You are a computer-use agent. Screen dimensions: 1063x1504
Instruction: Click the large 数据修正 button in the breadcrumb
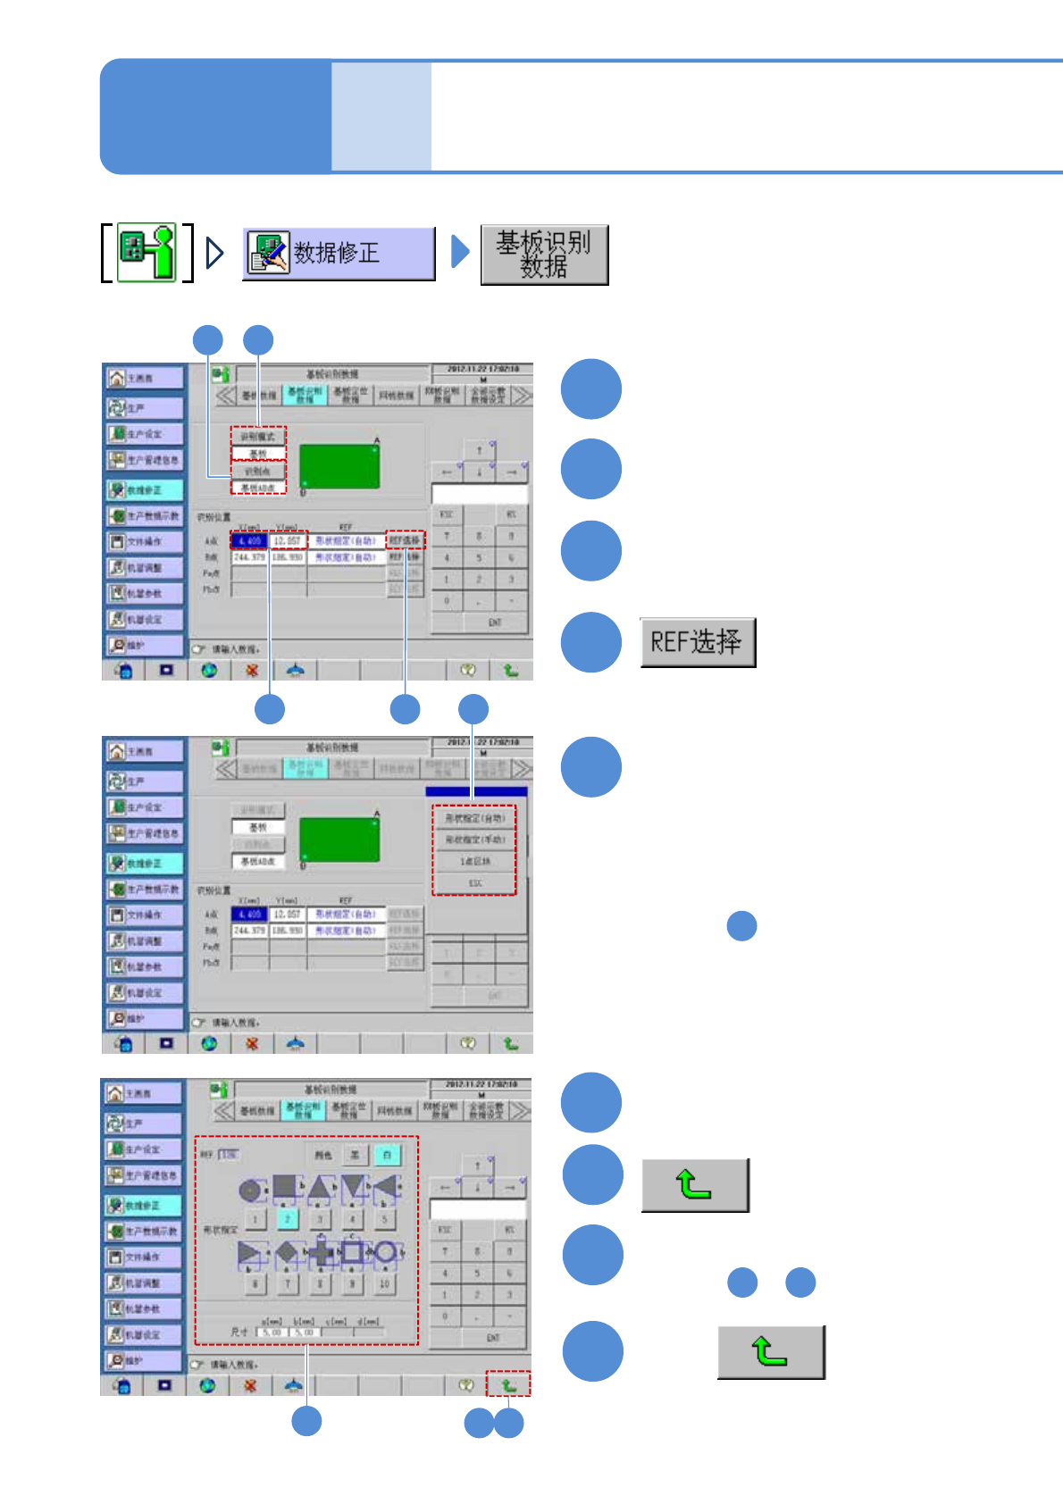339,254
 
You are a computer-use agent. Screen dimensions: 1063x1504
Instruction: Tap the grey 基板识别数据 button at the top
544,255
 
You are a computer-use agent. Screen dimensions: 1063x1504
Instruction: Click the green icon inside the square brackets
147,254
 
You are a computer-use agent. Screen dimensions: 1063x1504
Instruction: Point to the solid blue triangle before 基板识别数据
460,252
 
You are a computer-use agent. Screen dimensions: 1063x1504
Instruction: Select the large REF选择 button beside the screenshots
697,642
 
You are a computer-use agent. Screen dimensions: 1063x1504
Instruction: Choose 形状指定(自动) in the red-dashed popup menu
474,818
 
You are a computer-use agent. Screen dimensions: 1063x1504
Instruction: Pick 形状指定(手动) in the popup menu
474,840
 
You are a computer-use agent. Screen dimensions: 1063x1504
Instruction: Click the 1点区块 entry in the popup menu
474,862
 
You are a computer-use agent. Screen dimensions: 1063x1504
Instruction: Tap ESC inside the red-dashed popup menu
474,883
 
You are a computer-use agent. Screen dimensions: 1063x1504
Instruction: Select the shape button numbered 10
385,1283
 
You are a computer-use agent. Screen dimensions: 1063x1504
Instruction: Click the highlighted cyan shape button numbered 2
287,1218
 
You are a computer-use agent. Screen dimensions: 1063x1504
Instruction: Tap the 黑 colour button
354,1155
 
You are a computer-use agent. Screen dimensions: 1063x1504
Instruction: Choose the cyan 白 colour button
387,1155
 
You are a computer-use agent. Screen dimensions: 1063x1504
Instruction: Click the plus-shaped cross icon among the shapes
320,1254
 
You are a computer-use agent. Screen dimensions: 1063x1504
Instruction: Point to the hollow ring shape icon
386,1252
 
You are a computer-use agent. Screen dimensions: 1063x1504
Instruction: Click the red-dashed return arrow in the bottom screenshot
508,1384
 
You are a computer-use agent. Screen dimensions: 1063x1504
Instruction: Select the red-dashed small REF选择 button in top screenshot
405,540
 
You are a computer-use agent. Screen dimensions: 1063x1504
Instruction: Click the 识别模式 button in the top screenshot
258,437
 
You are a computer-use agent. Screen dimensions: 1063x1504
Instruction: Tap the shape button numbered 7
287,1283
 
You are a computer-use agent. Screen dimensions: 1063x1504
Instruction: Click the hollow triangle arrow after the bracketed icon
213,253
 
